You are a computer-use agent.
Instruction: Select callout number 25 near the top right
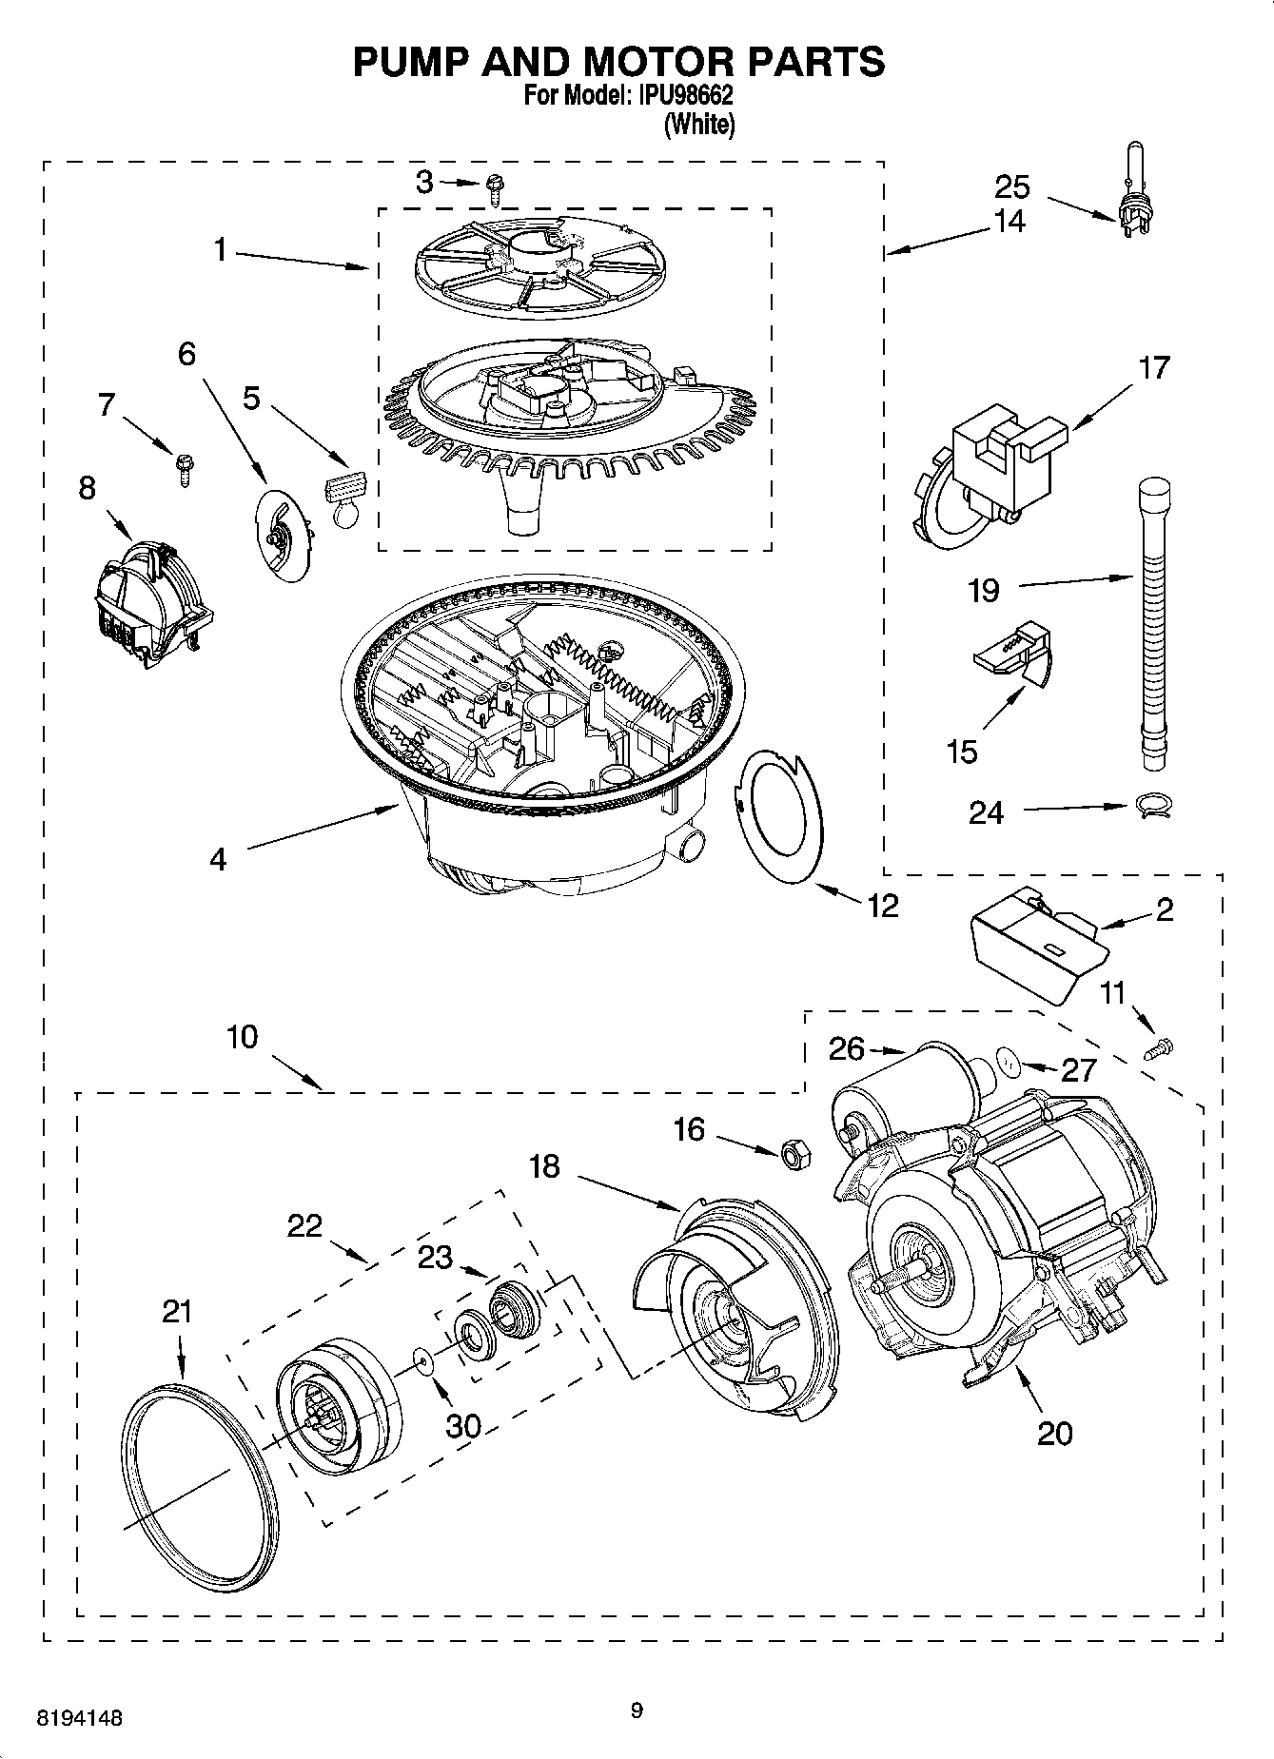[x=1012, y=186]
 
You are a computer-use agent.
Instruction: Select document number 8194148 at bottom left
[x=79, y=1717]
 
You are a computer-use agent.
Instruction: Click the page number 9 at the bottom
[x=637, y=1710]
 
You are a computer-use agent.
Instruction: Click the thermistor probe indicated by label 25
[x=1132, y=200]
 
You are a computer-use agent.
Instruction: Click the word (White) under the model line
[x=699, y=125]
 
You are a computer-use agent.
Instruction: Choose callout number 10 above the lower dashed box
[x=243, y=1037]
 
